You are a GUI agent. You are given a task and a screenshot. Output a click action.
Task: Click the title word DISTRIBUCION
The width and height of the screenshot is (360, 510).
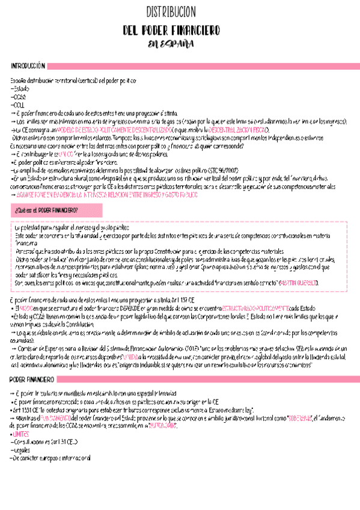point(180,13)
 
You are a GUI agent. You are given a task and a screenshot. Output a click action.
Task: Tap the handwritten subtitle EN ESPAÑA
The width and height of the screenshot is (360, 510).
point(180,44)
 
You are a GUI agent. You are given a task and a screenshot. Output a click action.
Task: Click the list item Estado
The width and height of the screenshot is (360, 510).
point(20,88)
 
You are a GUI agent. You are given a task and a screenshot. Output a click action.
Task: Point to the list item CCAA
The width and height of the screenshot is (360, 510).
point(19,96)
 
